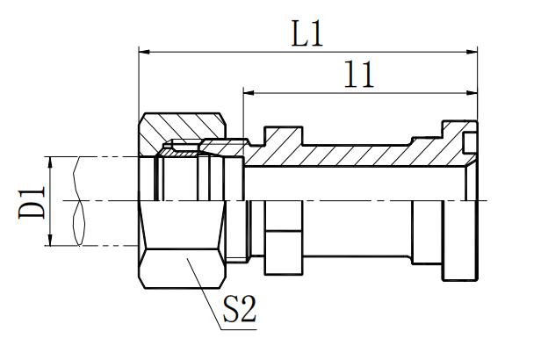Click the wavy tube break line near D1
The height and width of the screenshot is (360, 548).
click(80, 201)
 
